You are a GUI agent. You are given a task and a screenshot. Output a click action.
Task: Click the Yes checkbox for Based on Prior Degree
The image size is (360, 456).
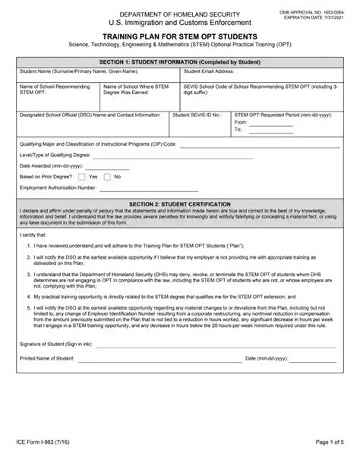82,177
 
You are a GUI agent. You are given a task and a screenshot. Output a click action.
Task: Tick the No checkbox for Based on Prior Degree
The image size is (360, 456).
107,177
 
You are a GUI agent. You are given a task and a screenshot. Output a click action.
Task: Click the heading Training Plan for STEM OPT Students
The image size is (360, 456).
179,36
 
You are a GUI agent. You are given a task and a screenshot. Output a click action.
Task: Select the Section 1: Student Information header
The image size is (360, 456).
179,61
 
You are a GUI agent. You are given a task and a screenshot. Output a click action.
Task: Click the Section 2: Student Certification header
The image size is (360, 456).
179,204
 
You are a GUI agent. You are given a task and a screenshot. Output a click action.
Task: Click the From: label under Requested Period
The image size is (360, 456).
242,122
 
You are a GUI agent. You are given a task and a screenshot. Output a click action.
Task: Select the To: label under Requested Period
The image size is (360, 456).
238,130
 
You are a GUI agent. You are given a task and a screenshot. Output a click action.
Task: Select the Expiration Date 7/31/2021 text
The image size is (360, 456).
314,10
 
